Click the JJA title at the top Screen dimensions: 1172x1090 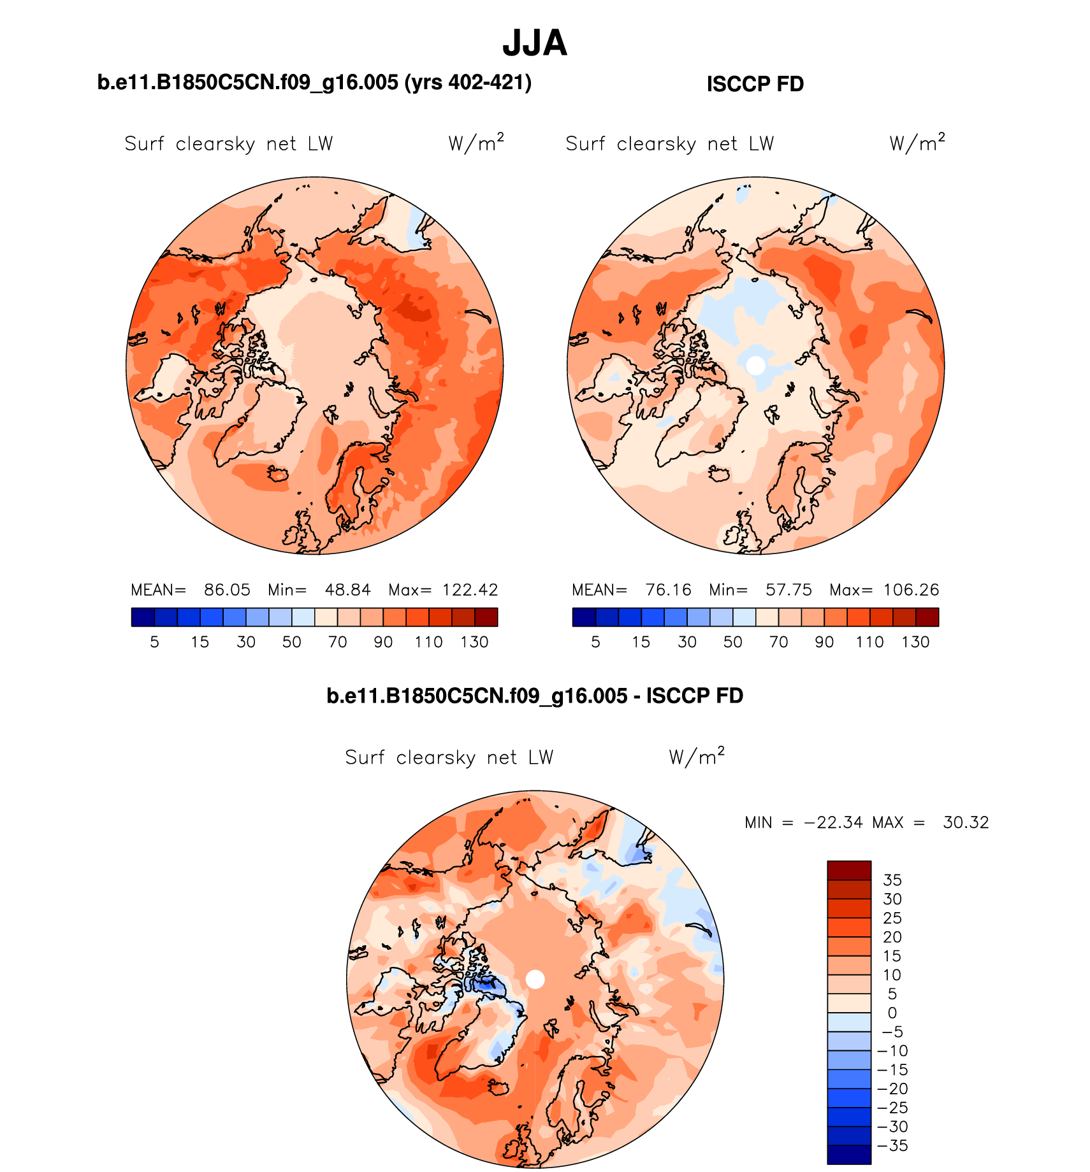(534, 43)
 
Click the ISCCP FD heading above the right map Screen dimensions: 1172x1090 (755, 84)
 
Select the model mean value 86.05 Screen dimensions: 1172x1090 (227, 590)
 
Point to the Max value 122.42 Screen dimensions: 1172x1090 (470, 590)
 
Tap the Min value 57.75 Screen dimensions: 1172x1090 (788, 590)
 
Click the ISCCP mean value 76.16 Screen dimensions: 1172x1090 (668, 590)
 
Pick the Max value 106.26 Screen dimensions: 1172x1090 (911, 590)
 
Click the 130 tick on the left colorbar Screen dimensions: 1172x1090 (474, 642)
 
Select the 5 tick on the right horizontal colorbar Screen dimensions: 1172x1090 (595, 642)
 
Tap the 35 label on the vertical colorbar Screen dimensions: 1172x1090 (892, 880)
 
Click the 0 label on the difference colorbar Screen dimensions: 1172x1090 (892, 1013)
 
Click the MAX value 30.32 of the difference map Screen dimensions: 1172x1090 (966, 822)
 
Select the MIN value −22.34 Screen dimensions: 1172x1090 (834, 822)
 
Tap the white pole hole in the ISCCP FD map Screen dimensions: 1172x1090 (755, 366)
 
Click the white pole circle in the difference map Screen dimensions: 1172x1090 (535, 980)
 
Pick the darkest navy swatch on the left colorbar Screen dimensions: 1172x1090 (143, 617)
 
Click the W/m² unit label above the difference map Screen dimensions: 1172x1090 (696, 757)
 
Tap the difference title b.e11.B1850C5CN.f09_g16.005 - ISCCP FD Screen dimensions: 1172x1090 (534, 696)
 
